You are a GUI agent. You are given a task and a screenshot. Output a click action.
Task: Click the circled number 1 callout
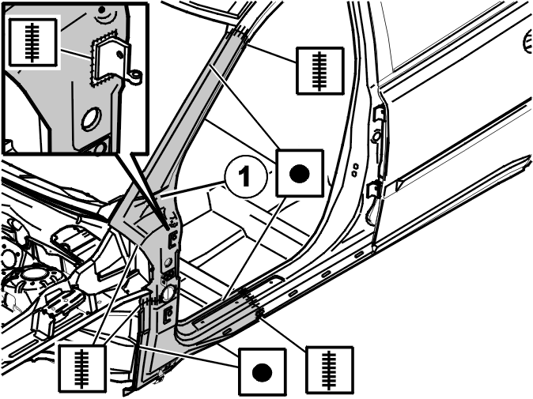[x=244, y=177]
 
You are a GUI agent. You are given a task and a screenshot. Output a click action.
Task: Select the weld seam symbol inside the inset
[x=32, y=42]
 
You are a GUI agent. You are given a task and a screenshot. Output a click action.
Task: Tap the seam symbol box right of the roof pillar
[x=319, y=70]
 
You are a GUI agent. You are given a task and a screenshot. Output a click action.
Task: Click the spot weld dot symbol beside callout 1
[x=300, y=173]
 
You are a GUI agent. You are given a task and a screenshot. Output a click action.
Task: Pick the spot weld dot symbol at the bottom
[x=262, y=372]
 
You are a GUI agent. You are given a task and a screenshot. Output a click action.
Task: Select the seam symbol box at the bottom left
[x=81, y=368]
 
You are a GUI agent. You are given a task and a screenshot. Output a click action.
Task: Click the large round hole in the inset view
[x=91, y=119]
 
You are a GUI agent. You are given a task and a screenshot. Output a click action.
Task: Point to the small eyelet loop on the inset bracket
[x=136, y=76]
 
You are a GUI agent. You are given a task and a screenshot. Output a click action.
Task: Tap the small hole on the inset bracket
[x=119, y=54]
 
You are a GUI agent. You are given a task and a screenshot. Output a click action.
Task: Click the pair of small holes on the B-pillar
[x=355, y=169]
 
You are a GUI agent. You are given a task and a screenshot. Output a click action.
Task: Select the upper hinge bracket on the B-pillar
[x=380, y=114]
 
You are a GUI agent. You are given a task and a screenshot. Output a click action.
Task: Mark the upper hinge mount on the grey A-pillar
[x=173, y=238]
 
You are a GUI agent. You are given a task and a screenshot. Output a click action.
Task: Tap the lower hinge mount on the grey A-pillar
[x=168, y=314]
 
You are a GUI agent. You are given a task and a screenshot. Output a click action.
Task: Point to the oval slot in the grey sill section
[x=227, y=331]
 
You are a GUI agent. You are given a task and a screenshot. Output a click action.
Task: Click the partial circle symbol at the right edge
[x=527, y=42]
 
